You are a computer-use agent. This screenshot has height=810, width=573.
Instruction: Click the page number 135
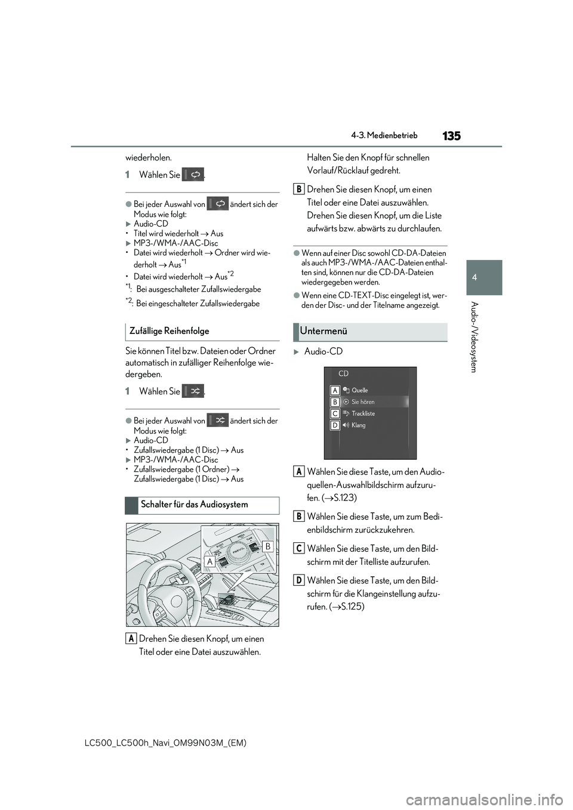(451, 136)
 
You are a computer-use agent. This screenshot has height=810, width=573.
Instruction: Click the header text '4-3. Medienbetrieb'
(384, 135)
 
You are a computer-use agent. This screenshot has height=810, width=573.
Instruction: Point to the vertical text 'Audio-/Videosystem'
(474, 337)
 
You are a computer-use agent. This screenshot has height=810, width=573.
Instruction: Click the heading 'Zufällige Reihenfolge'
(169, 331)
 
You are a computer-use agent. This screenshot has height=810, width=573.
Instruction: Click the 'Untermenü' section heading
(324, 331)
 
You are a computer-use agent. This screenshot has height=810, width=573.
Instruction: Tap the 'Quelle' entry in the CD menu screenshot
(359, 390)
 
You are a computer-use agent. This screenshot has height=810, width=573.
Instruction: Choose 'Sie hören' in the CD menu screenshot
(363, 402)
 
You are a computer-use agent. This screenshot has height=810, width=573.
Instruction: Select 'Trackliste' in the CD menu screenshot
(363, 413)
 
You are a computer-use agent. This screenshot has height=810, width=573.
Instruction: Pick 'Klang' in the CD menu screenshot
(358, 425)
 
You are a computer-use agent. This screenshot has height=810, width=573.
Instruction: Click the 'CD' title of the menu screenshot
(343, 374)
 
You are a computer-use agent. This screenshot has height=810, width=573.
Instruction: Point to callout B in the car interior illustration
(267, 546)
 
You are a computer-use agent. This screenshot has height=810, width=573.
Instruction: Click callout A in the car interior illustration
(210, 561)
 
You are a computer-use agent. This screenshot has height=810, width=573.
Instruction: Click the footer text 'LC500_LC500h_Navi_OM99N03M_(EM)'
(166, 743)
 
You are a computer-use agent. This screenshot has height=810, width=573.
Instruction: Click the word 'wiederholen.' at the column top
(148, 157)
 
